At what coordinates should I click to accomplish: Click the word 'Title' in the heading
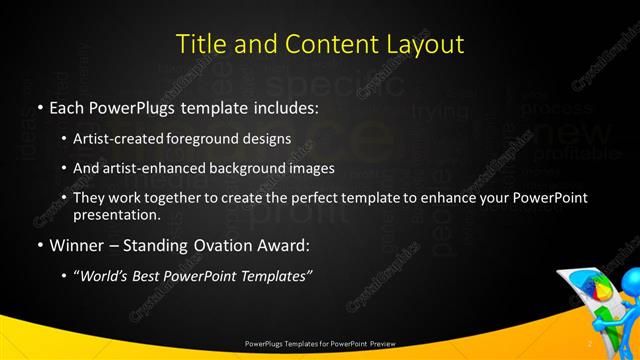tap(199, 45)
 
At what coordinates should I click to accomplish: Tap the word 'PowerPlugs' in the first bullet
tap(125, 107)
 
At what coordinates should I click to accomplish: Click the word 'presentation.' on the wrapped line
tap(117, 215)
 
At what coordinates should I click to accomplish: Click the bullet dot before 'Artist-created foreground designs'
tap(65, 139)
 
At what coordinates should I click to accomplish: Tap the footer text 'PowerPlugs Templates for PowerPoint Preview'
tap(320, 343)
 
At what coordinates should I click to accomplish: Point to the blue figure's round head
tap(629, 277)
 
